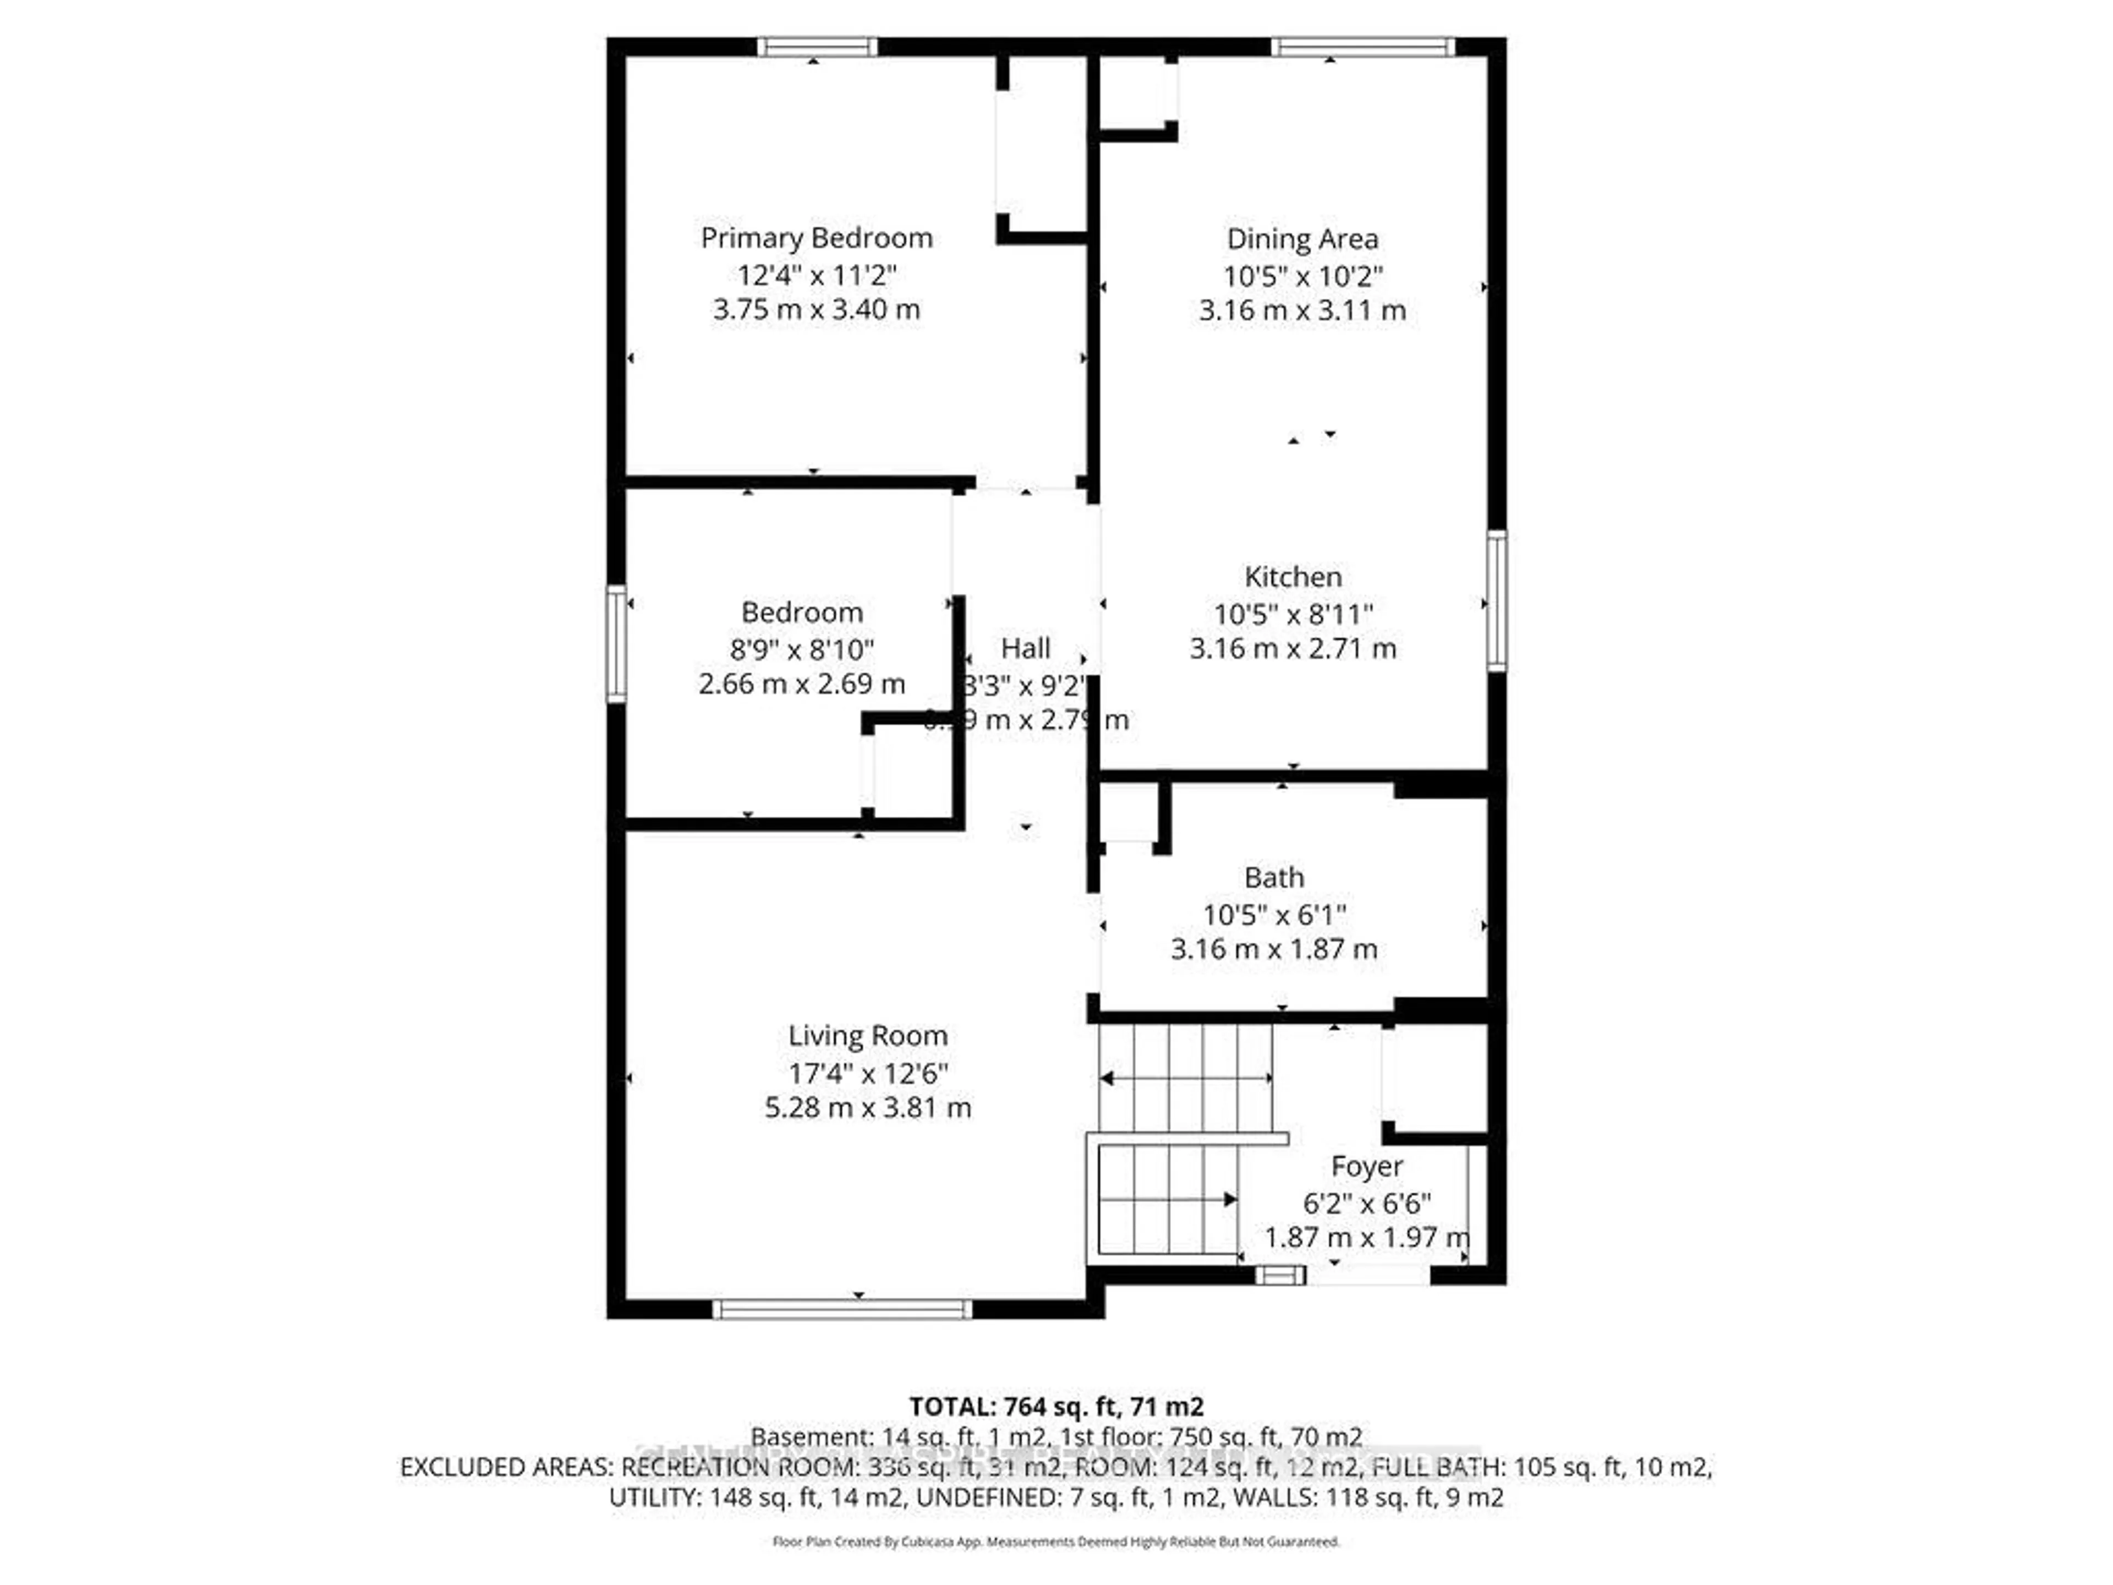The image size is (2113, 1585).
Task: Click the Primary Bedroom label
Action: [816, 238]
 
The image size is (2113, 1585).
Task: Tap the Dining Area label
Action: [1302, 239]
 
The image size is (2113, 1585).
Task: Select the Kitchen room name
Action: [1293, 577]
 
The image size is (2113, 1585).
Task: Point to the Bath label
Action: [1273, 877]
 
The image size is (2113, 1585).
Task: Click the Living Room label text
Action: [867, 1036]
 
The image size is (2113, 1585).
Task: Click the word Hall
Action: [1025, 649]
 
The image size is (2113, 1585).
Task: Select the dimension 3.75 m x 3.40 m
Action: [816, 309]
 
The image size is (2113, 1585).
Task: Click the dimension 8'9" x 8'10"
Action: [801, 649]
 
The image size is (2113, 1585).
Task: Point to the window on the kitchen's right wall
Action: [1497, 600]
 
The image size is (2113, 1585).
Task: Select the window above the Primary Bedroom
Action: [818, 47]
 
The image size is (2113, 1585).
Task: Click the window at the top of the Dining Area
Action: [1363, 47]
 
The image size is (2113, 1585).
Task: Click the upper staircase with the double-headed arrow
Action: [1185, 1078]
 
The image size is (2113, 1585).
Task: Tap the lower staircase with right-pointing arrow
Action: [1167, 1199]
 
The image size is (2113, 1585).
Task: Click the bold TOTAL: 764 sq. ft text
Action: [1055, 1406]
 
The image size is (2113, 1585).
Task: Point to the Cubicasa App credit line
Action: [1055, 1541]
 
